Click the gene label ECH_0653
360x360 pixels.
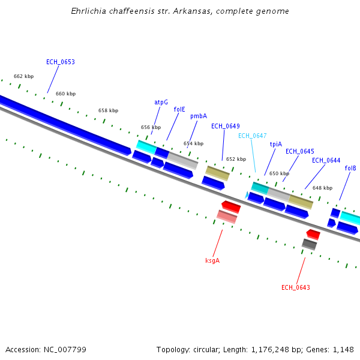tap(60, 62)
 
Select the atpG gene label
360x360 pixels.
tap(161, 102)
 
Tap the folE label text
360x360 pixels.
tap(179, 110)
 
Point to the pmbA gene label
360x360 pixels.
tap(199, 116)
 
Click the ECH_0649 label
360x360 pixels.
tap(225, 126)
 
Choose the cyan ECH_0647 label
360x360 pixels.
tap(252, 136)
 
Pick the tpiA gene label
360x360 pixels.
tap(275, 144)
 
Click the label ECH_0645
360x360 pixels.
tap(299, 151)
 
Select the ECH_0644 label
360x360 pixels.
tap(326, 160)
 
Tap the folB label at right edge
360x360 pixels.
tap(350, 168)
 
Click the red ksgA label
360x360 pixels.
tap(212, 260)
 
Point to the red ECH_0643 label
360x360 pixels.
tap(295, 287)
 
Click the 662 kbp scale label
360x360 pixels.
tap(23, 76)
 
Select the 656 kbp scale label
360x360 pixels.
tap(151, 127)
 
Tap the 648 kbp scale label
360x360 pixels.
tap(322, 188)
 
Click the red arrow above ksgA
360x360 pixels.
tap(231, 206)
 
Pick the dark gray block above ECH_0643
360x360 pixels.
tap(309, 244)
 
